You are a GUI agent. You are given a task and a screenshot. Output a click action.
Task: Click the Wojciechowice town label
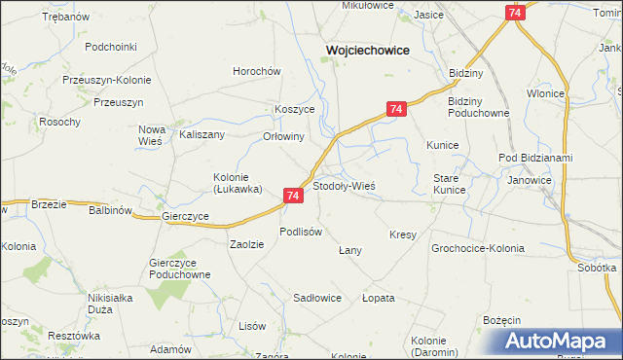pyautogui.click(x=366, y=50)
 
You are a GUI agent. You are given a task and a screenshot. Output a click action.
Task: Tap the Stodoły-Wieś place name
pyautogui.click(x=344, y=185)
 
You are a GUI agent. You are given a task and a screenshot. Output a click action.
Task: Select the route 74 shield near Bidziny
pyautogui.click(x=394, y=110)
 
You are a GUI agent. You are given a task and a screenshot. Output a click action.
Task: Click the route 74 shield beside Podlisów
pyautogui.click(x=294, y=196)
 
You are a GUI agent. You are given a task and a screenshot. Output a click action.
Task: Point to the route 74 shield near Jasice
pyautogui.click(x=515, y=12)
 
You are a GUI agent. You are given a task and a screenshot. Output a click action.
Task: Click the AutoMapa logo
pyautogui.click(x=558, y=342)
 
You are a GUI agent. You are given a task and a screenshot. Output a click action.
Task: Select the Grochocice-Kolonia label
pyautogui.click(x=478, y=248)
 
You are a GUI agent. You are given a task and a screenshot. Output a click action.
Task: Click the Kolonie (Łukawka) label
pyautogui.click(x=238, y=183)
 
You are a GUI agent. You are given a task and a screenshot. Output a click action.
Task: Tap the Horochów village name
pyautogui.click(x=256, y=71)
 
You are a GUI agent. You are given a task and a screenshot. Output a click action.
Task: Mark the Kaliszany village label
pyautogui.click(x=202, y=135)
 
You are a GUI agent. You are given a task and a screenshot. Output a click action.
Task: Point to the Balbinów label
pyautogui.click(x=110, y=209)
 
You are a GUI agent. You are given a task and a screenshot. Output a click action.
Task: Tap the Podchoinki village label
pyautogui.click(x=110, y=46)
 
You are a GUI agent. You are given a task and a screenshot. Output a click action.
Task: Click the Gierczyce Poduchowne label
pyautogui.click(x=180, y=269)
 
